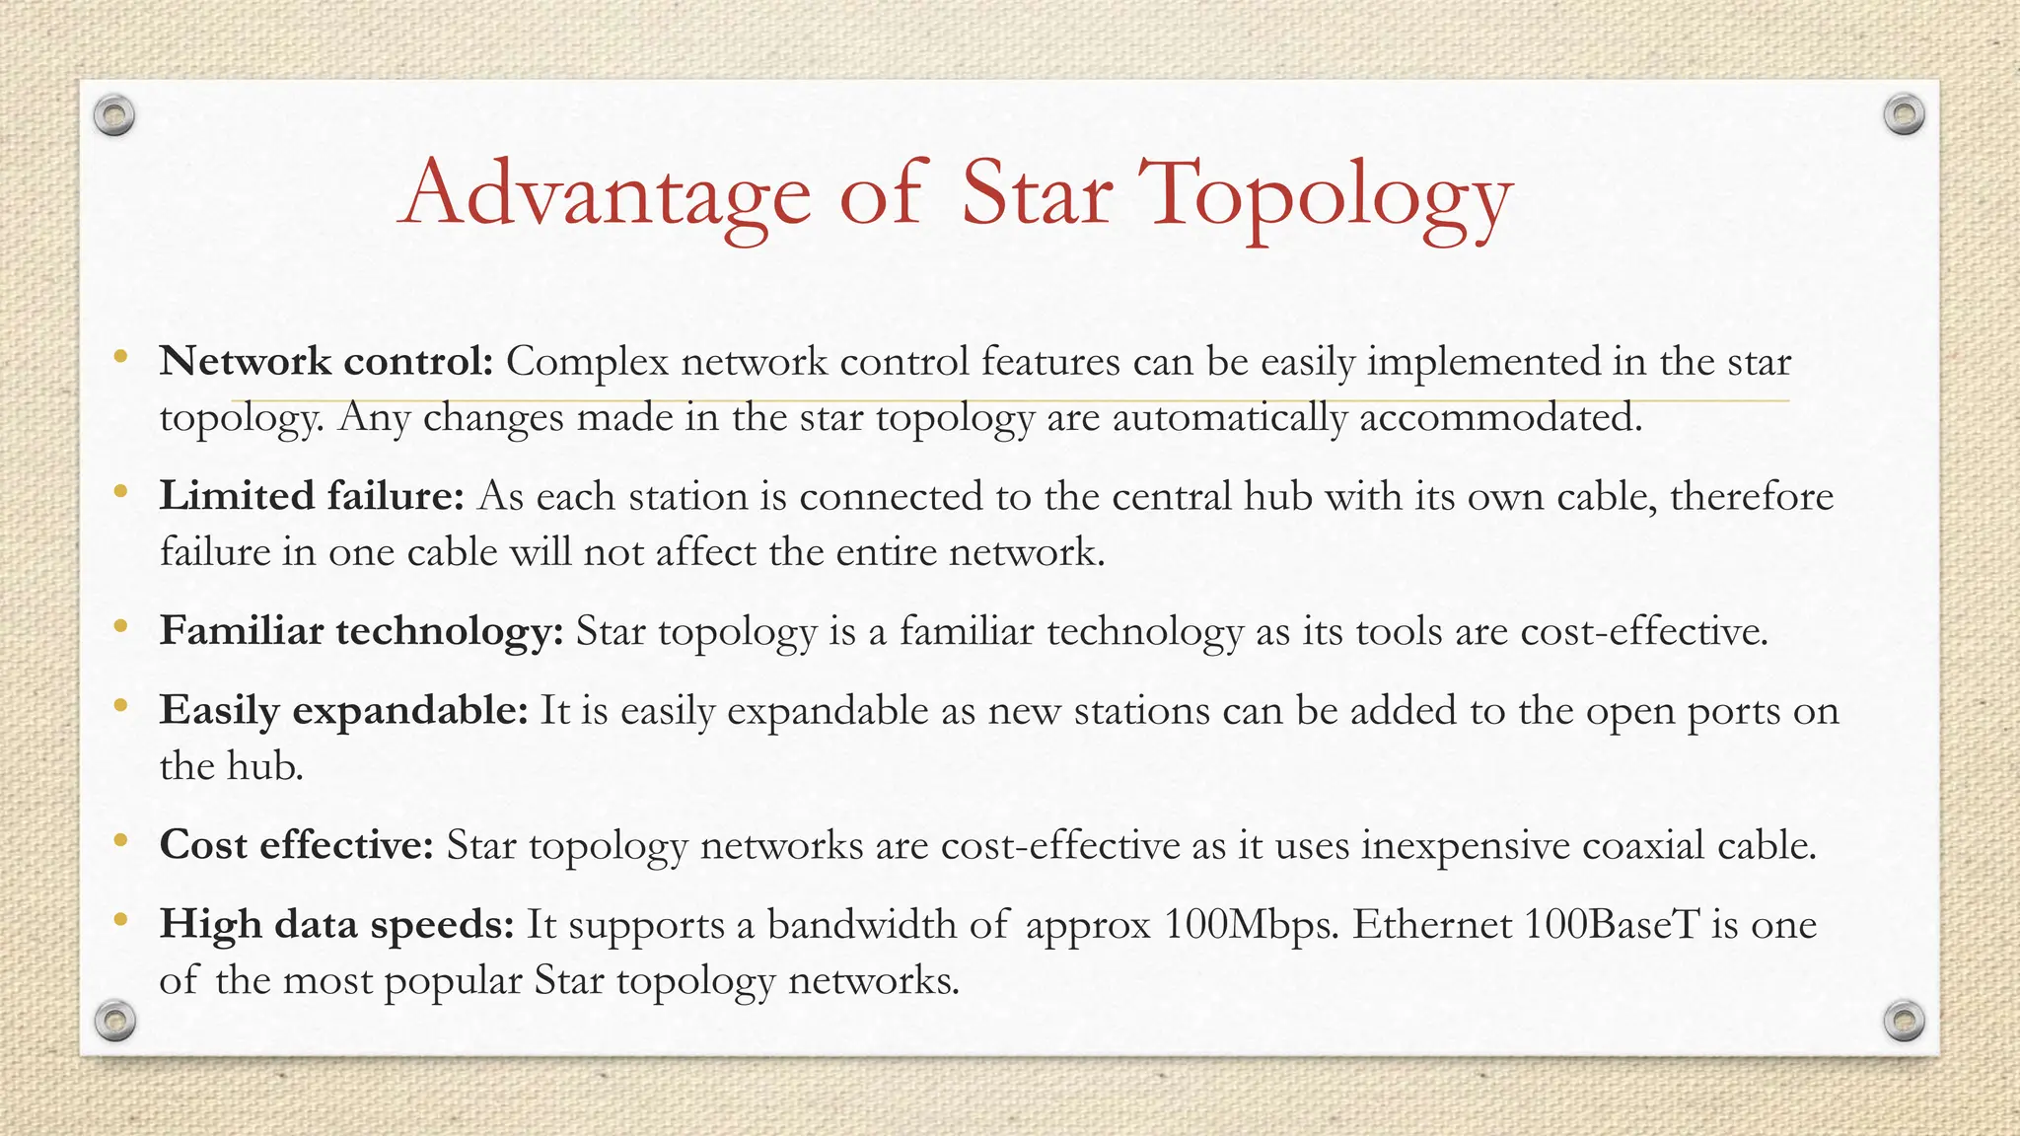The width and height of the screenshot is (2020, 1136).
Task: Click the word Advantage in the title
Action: click(x=605, y=194)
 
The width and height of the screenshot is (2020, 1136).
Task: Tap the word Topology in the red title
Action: click(x=1324, y=194)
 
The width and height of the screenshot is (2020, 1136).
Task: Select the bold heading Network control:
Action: click(x=326, y=362)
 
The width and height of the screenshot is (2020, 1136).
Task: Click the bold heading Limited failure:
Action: click(x=312, y=496)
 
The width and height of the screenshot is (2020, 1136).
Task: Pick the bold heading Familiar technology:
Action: click(x=361, y=631)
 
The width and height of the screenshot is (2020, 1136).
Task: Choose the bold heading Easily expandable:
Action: click(x=344, y=710)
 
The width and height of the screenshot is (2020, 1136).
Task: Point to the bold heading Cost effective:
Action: click(x=297, y=845)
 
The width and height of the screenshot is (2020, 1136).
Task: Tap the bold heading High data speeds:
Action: click(x=337, y=925)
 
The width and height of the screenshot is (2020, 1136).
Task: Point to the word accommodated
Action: click(x=1500, y=418)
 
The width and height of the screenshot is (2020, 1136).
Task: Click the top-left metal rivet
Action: click(x=114, y=115)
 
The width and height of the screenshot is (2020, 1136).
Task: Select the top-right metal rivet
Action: click(x=1904, y=115)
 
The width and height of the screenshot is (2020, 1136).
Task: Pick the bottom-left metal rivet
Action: click(x=114, y=1020)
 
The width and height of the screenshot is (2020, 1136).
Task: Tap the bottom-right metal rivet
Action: click(x=1904, y=1020)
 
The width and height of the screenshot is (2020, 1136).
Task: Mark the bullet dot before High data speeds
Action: click(x=120, y=920)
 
